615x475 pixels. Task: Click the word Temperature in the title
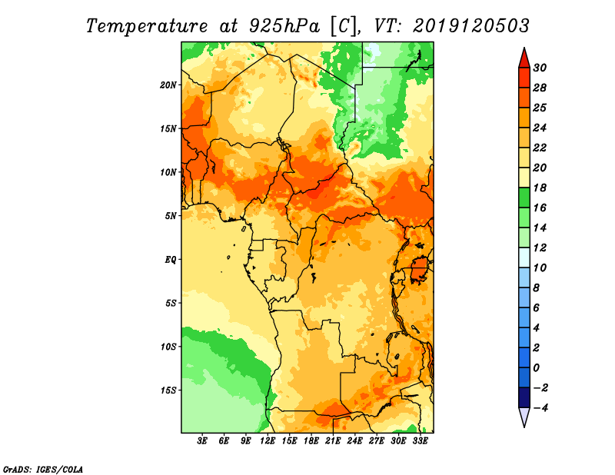click(147, 26)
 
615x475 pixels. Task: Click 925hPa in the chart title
click(284, 26)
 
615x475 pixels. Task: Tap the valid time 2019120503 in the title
click(471, 26)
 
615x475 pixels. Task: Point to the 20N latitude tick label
click(168, 85)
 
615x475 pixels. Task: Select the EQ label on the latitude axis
click(171, 260)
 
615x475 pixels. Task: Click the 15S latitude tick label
click(168, 390)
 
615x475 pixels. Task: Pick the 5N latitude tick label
click(171, 216)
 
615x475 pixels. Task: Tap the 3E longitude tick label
click(202, 440)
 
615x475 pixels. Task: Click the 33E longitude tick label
click(420, 440)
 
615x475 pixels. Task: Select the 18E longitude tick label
click(311, 440)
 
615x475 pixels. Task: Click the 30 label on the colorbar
click(540, 68)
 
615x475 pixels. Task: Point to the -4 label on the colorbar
click(540, 408)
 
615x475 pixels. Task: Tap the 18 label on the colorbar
click(540, 188)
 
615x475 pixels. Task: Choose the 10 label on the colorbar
click(540, 268)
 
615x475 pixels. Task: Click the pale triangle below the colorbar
click(524, 415)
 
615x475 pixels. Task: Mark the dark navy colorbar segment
click(524, 397)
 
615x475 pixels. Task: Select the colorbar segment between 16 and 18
click(524, 198)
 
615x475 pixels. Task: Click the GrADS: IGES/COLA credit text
click(43, 470)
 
